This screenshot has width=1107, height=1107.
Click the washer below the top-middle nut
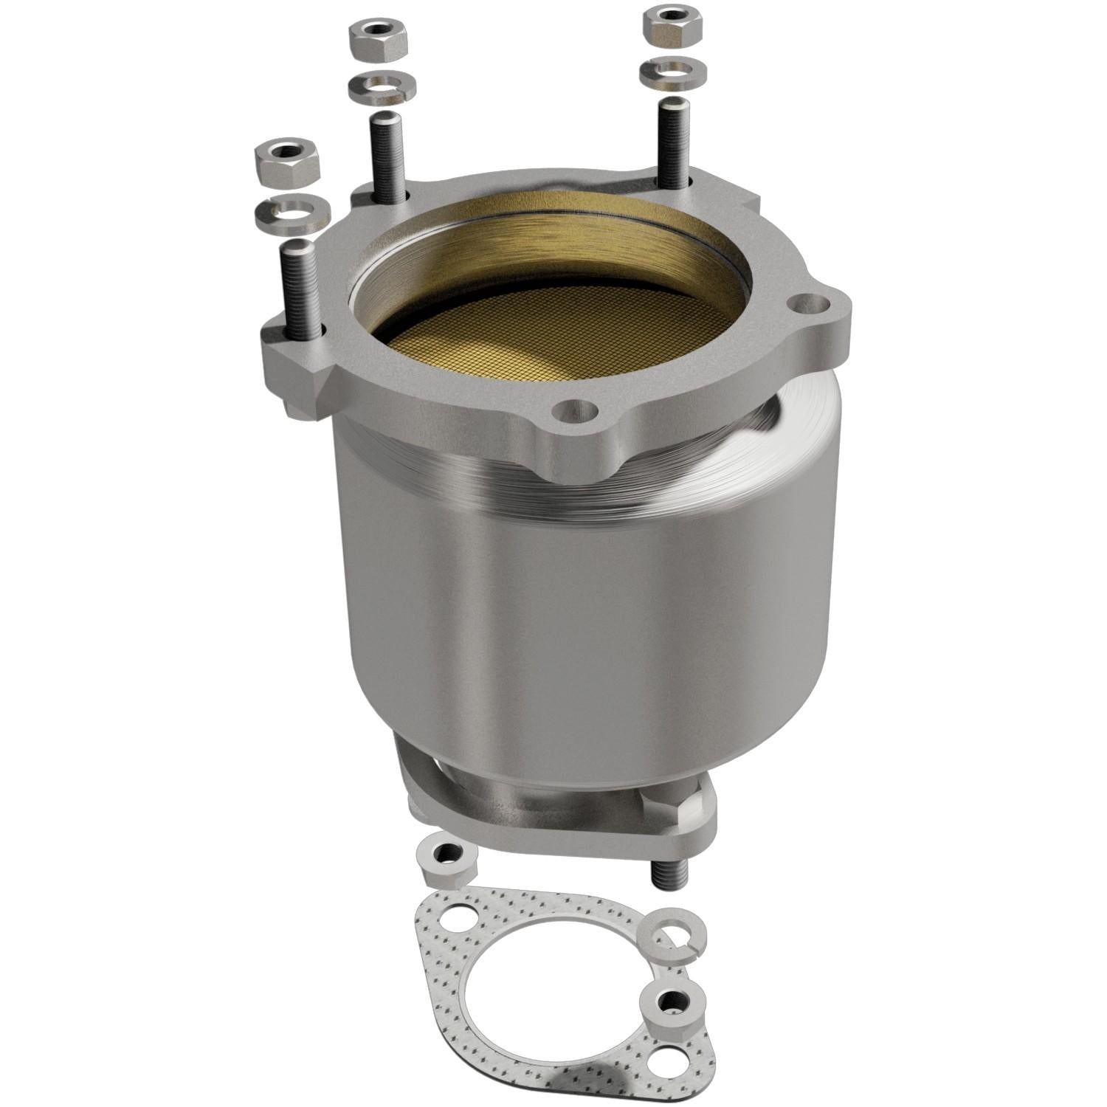(380, 86)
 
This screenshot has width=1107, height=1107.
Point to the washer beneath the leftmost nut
(291, 213)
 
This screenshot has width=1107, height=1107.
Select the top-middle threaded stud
(387, 156)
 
